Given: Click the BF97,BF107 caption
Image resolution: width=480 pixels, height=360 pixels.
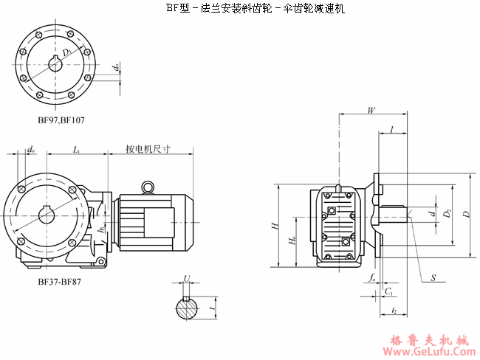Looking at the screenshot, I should (x=61, y=120).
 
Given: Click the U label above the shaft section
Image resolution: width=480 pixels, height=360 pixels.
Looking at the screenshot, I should (x=187, y=279).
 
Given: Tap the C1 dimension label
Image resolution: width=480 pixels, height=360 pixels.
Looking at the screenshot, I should (x=388, y=292).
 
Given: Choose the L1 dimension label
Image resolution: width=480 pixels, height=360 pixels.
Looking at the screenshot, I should (x=77, y=150).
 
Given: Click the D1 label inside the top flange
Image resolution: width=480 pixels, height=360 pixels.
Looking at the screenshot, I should (x=67, y=52).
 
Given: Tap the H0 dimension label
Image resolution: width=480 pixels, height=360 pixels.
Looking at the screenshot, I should (x=293, y=240).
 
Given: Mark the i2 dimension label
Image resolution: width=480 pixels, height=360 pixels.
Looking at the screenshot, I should (x=394, y=312).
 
